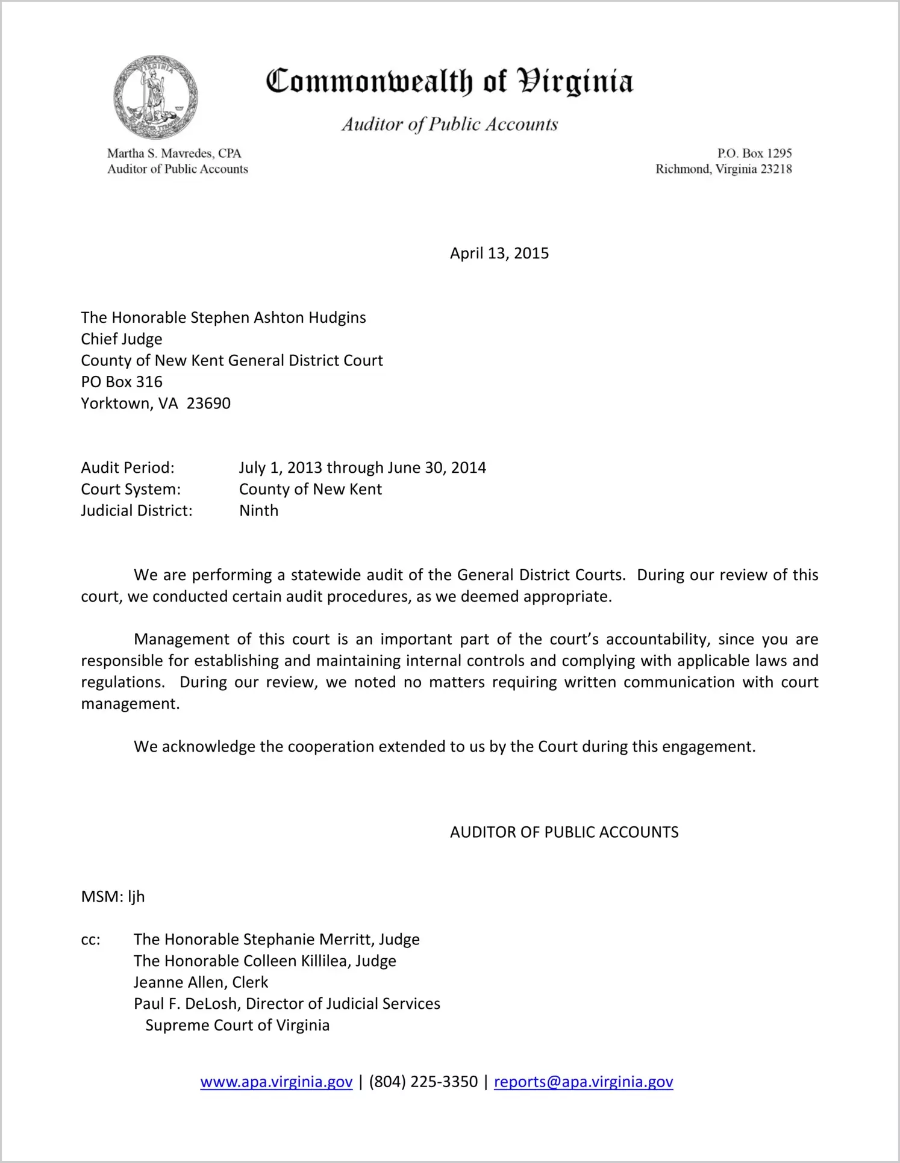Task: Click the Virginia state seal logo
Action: coord(155,98)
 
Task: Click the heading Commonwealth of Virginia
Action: coord(449,82)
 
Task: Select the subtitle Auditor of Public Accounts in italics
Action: coord(449,124)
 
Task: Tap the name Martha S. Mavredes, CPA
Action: coord(174,154)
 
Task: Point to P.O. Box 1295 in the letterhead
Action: coord(754,154)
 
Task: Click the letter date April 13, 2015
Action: coord(499,253)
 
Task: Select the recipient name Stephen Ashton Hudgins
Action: coord(278,317)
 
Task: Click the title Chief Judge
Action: coord(122,339)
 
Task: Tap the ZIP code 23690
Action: coord(208,404)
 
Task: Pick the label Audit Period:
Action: coord(128,468)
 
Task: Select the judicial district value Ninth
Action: coord(258,511)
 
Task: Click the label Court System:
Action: coord(131,489)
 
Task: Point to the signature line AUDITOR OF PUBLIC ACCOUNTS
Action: coord(564,832)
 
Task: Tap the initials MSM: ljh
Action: coord(113,897)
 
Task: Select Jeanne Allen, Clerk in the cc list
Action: coord(201,982)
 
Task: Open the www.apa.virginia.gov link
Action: coord(276,1082)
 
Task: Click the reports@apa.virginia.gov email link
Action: coord(583,1082)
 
